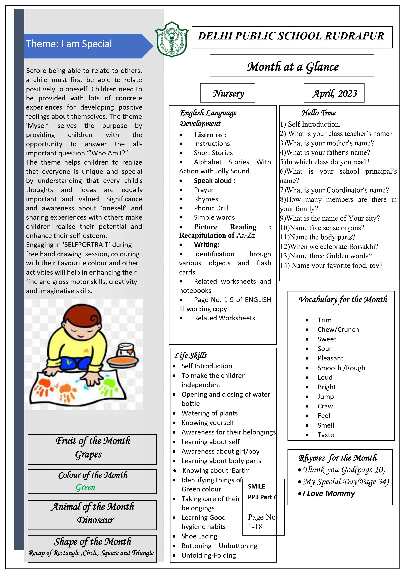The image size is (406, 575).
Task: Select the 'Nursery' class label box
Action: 228,93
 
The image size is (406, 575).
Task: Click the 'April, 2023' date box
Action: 334,93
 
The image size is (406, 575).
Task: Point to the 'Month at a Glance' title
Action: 292,66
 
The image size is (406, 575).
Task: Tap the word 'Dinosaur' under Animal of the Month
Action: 95,520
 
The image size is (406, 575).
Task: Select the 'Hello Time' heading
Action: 319,113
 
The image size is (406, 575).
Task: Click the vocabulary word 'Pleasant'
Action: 330,358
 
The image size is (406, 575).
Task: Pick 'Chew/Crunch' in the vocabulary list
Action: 338,330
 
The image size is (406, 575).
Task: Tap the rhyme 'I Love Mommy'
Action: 329,494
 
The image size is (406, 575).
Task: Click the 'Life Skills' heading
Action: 191,356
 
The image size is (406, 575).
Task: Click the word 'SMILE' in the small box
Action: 256,486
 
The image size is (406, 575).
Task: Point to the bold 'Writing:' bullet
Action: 206,245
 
